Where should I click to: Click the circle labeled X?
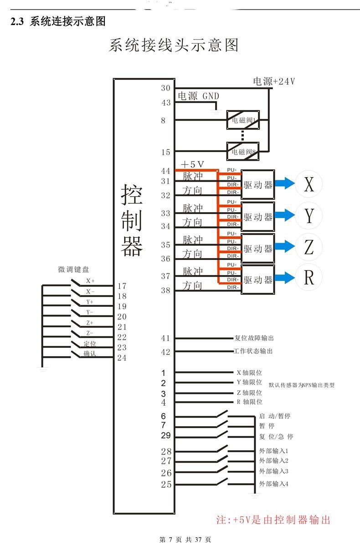coord(309,184)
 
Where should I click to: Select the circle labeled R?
coord(309,277)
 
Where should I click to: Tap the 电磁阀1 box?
coord(243,120)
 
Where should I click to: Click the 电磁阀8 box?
coord(243,151)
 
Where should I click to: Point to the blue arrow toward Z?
coord(285,248)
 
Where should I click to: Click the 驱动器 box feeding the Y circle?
coord(257,217)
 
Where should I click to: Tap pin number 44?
coord(165,171)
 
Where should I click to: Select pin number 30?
coord(165,88)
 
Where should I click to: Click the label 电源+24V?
coord(274,81)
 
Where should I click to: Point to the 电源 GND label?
coord(198,96)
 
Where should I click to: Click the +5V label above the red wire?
coord(192,164)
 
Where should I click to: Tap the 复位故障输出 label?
coord(254,338)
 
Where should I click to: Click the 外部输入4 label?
coord(273,484)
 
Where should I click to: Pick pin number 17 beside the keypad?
coord(122,286)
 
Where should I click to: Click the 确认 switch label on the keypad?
coord(90,354)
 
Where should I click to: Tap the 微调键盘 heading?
coord(73,270)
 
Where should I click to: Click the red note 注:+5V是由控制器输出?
coord(273,520)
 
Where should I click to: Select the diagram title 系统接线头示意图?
coord(174,45)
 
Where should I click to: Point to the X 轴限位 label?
coord(249,372)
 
